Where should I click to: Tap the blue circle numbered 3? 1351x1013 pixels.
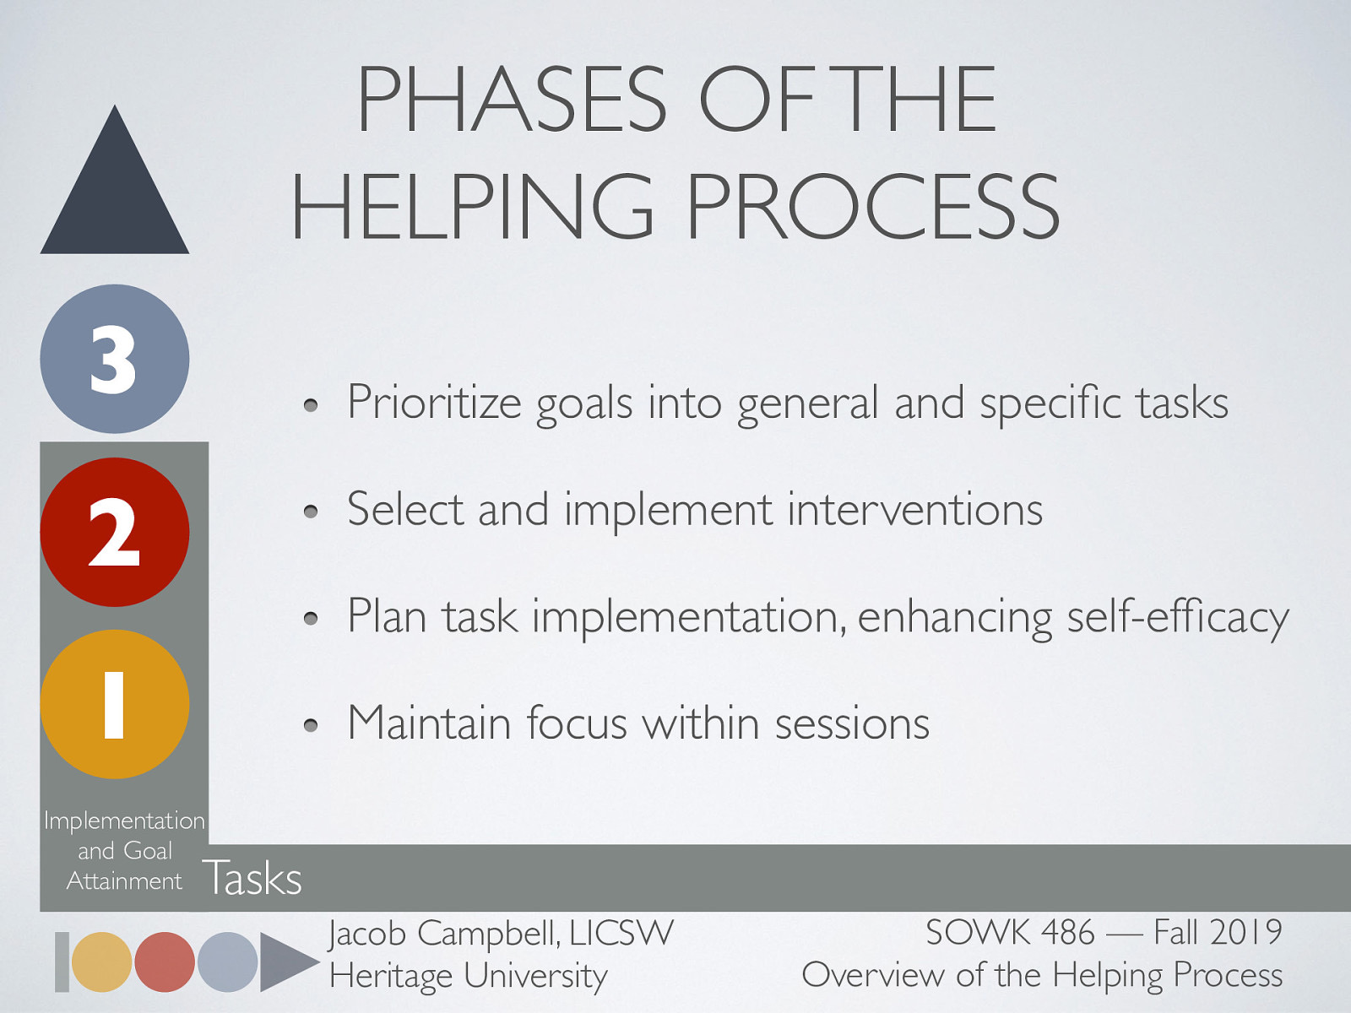click(x=115, y=359)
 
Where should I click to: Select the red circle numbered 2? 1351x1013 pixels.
click(x=115, y=532)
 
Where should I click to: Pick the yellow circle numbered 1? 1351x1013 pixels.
click(x=115, y=704)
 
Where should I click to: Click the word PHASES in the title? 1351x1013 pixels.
click(x=512, y=100)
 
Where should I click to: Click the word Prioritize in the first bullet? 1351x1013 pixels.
click(x=434, y=403)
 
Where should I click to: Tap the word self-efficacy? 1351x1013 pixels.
click(x=1178, y=617)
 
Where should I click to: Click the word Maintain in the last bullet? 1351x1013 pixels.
click(x=429, y=723)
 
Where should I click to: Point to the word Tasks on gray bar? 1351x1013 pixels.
click(x=252, y=878)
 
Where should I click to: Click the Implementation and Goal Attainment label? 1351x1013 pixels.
click(x=124, y=850)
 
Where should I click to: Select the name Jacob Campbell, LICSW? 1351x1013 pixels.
click(x=501, y=934)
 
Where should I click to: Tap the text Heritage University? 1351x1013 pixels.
click(x=468, y=976)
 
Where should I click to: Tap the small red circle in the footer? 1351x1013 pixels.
click(x=165, y=962)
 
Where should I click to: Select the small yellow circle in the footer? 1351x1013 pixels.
click(x=102, y=962)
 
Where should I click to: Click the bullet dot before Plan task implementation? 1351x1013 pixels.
click(x=311, y=619)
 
